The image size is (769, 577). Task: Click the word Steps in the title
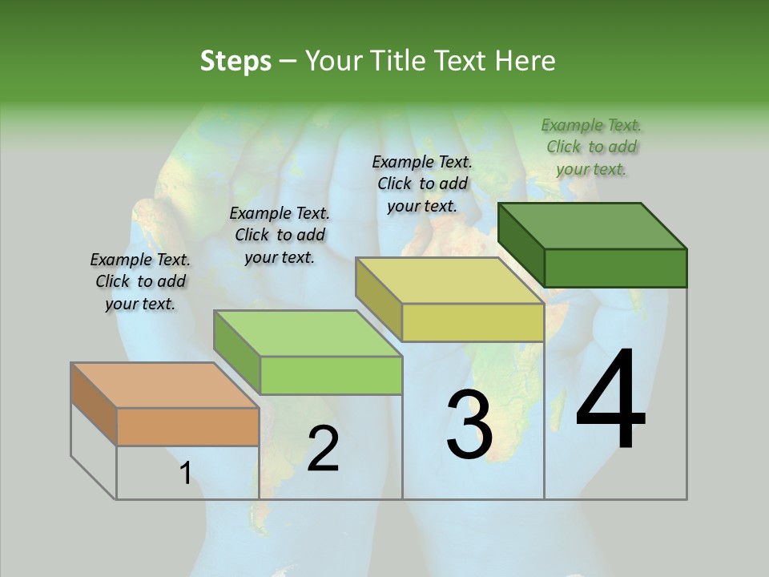[236, 61]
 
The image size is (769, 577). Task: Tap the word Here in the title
[525, 61]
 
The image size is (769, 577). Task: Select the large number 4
[610, 400]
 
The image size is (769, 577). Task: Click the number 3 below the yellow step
[469, 425]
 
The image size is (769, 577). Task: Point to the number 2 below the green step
[323, 449]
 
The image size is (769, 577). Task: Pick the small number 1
[185, 474]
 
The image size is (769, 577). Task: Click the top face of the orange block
[165, 385]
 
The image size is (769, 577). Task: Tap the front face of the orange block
[187, 426]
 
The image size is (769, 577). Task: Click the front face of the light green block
[331, 375]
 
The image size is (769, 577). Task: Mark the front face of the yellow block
[473, 322]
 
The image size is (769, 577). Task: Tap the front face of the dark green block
[615, 268]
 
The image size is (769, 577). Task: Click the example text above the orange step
[140, 281]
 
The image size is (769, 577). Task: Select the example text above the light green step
[280, 235]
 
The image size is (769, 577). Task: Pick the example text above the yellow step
[422, 184]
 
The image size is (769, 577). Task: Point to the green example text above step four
[592, 147]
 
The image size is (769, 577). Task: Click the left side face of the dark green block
[521, 244]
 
